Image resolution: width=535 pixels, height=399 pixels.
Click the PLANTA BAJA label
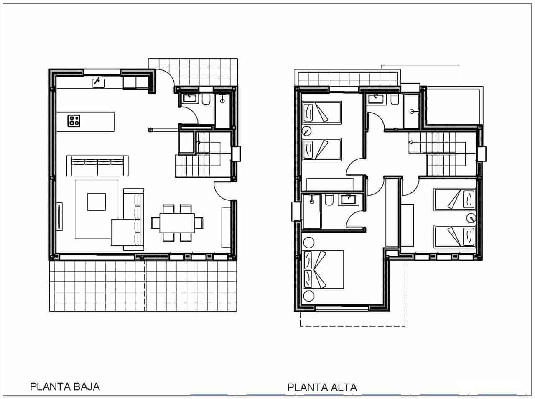tap(65, 386)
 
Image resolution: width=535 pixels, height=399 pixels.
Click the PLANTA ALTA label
tap(322, 387)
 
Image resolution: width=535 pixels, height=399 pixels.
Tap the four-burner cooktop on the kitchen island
tap(74, 121)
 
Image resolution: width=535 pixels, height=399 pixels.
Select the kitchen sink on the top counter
tap(99, 82)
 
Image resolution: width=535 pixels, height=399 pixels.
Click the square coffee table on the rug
tap(97, 201)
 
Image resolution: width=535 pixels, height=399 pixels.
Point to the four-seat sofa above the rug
tap(97, 166)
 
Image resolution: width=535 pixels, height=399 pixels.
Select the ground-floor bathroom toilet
tap(206, 100)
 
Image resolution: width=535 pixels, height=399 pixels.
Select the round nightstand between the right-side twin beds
tap(471, 217)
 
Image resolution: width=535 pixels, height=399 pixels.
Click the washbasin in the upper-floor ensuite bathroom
tap(347, 199)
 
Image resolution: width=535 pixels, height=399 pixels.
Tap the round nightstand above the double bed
tap(308, 242)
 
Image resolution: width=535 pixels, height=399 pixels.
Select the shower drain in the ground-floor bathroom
tap(222, 100)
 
